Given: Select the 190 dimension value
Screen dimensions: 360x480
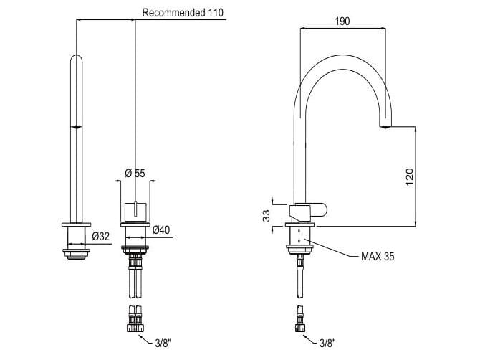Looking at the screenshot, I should [342, 22].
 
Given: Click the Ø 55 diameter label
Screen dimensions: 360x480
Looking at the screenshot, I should [135, 174].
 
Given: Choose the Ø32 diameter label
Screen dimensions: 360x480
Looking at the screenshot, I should [100, 235].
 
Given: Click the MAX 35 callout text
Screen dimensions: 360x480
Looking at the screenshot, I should [377, 255].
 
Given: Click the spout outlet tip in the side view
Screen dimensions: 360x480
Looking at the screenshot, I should [385, 126].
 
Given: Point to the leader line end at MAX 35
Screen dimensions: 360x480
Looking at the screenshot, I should [306, 239].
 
